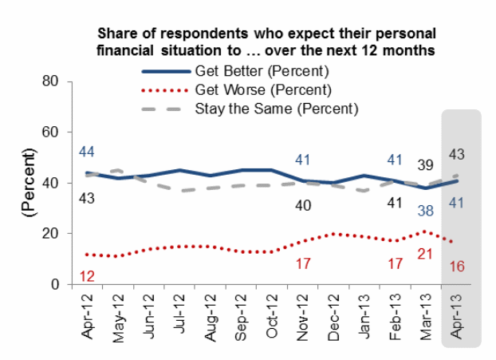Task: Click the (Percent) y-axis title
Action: coord(31,183)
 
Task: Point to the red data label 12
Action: coord(88,276)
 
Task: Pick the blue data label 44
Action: coord(87,152)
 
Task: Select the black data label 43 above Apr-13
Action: coord(458,153)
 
